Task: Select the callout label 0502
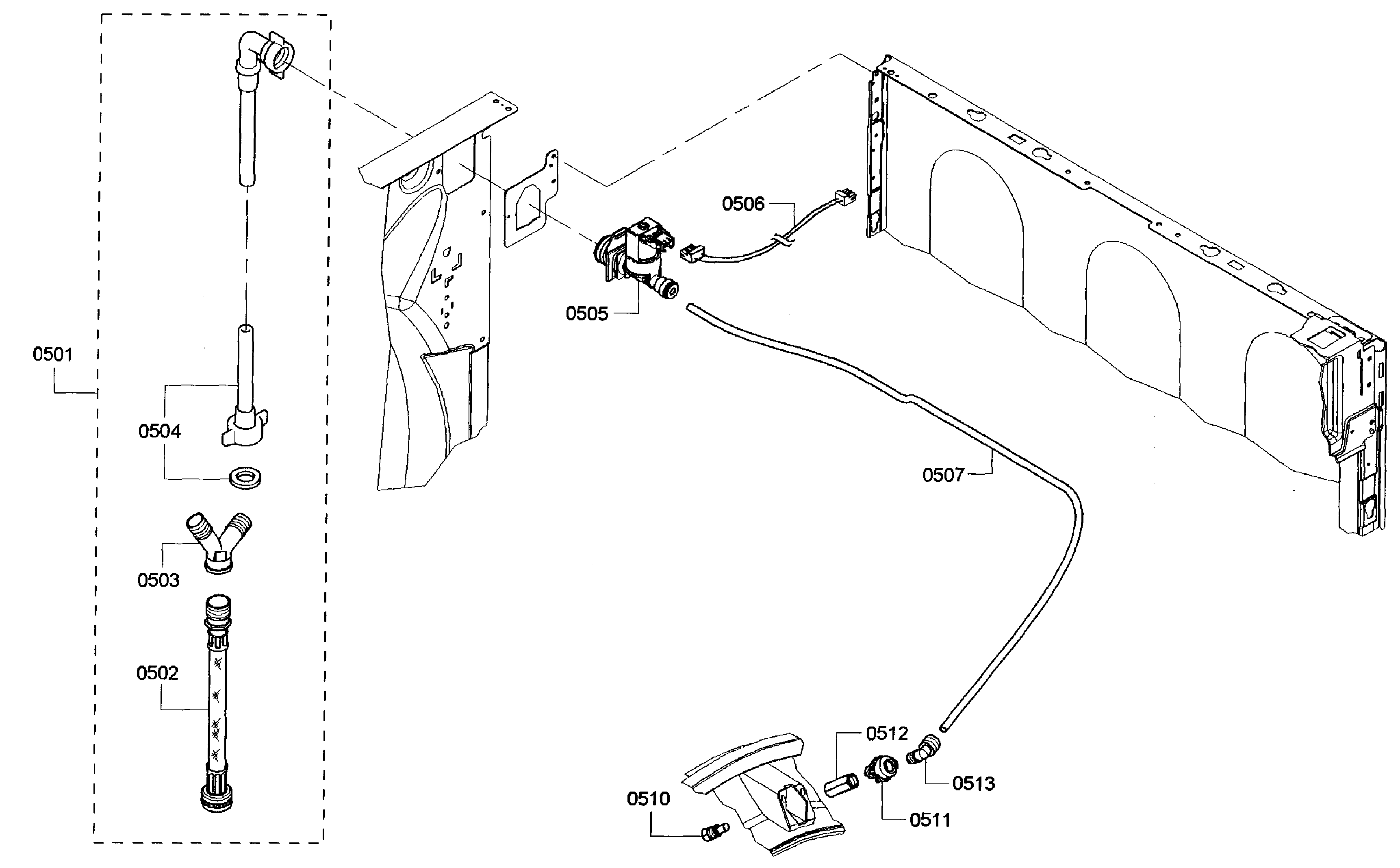[x=157, y=673]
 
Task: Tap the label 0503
[x=158, y=581]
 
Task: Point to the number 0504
[x=160, y=431]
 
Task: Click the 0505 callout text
[x=586, y=313]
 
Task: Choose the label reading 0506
[x=743, y=204]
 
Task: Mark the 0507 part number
[x=943, y=475]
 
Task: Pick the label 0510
[x=648, y=798]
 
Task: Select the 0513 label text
[x=974, y=783]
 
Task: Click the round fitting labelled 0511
[x=881, y=768]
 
